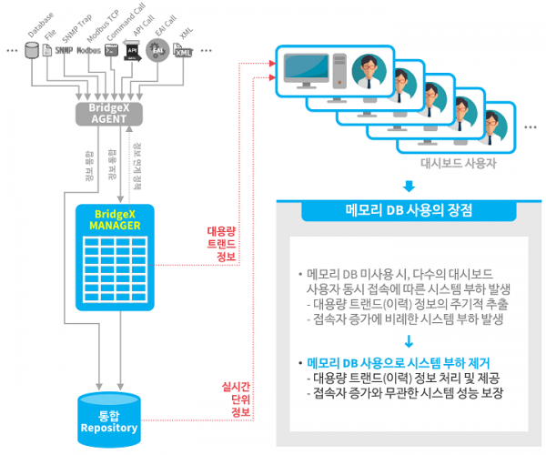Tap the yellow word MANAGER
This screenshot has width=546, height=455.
(x=107, y=225)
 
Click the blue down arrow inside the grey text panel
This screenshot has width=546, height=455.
(x=409, y=341)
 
